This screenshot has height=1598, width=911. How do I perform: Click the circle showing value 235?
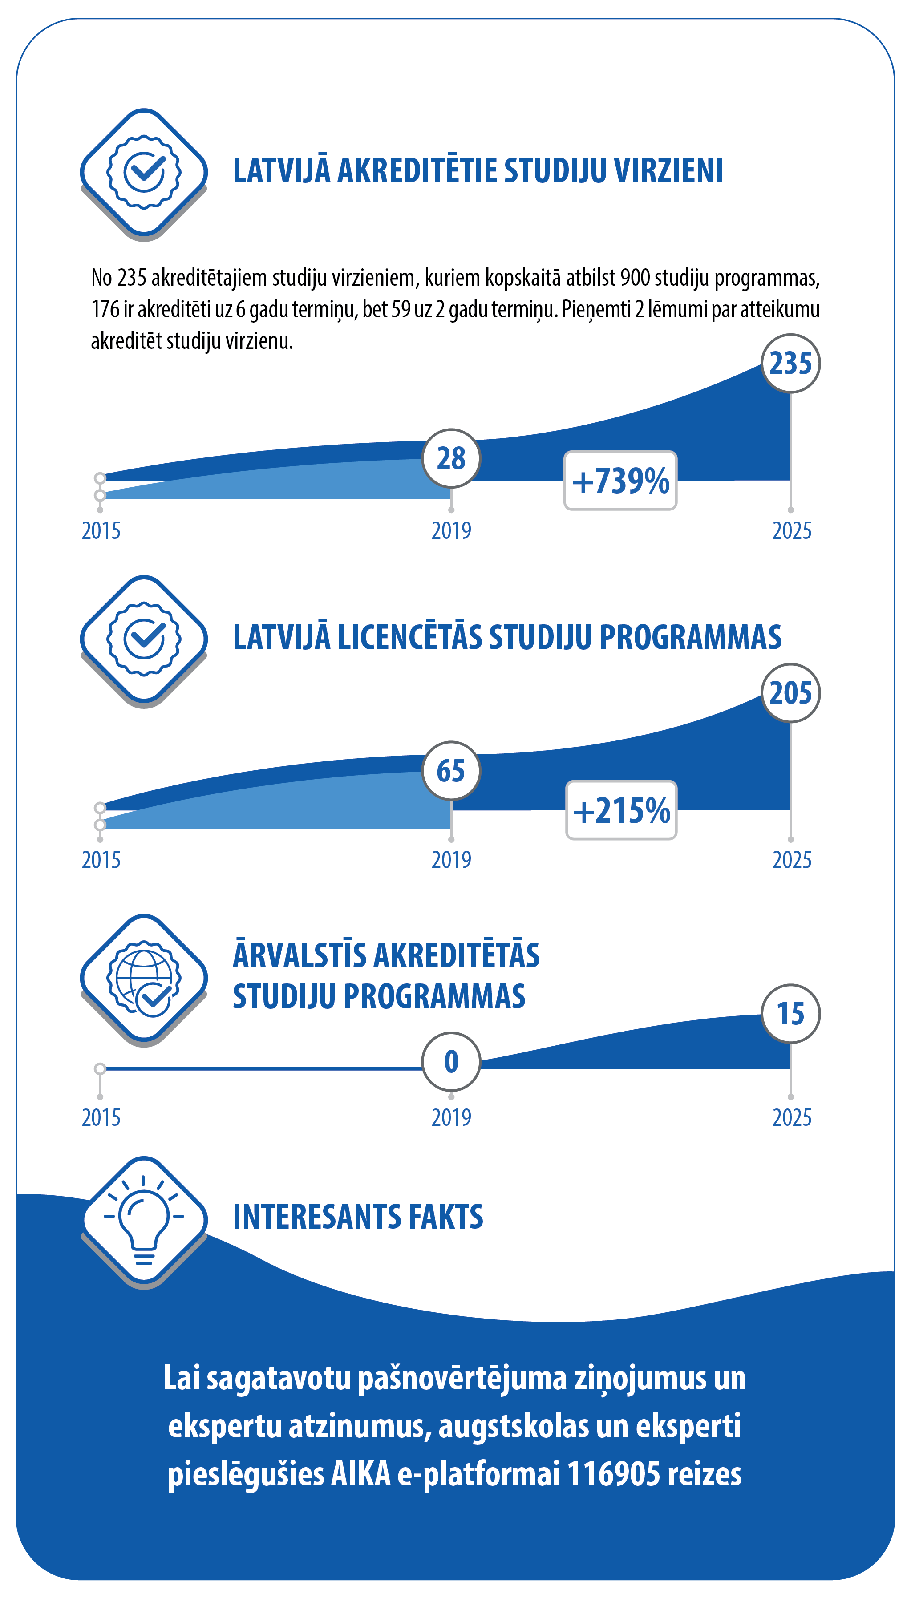coord(790,364)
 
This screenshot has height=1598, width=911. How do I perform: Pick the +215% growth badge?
coord(621,810)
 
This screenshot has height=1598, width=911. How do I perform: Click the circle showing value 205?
coord(790,693)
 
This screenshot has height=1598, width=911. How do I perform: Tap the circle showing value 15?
coord(790,1014)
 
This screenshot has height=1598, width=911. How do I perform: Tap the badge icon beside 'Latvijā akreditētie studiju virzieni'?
coord(144,172)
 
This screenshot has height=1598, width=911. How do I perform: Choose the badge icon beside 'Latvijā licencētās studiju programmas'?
coord(144,639)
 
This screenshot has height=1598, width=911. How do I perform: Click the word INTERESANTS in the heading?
coord(316,1217)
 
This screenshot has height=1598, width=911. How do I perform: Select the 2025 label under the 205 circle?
coord(791,860)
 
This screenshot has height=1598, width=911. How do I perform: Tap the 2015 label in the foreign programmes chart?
coord(101,1118)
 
